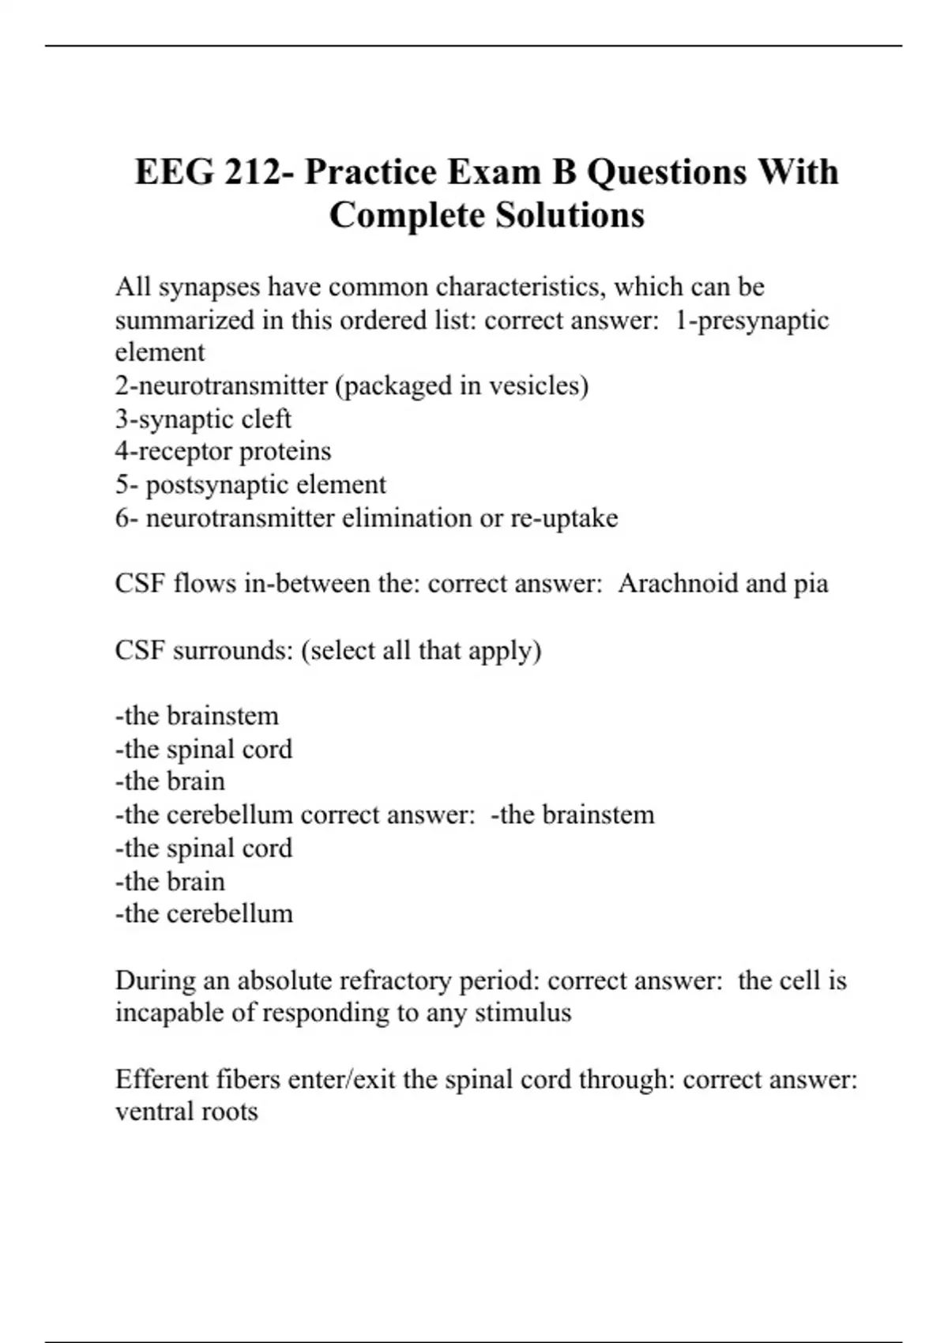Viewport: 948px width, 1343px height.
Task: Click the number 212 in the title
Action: [x=252, y=172]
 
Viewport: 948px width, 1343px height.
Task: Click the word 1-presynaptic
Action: [x=751, y=320]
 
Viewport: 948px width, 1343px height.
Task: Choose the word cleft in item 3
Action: [x=265, y=419]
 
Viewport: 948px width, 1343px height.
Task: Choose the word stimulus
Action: [x=523, y=1013]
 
